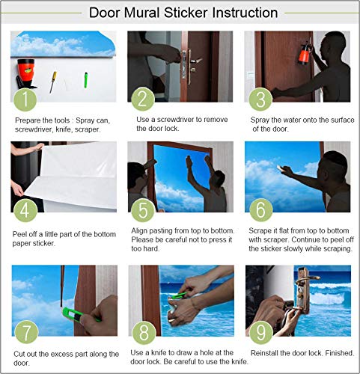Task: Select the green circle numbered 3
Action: tap(259, 98)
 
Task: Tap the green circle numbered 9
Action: tap(259, 330)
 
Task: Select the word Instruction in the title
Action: tap(242, 13)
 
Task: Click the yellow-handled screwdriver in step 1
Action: tap(52, 80)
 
